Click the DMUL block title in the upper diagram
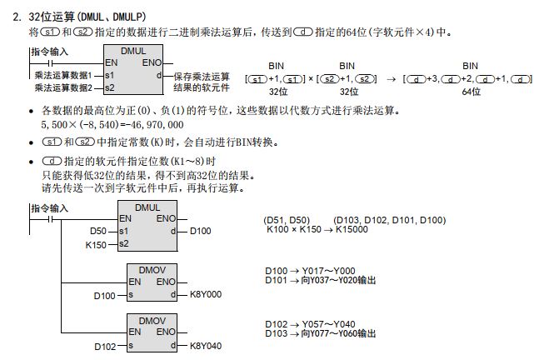[133, 52]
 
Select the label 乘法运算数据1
[63, 75]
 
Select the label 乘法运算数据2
[63, 87]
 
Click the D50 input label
[98, 229]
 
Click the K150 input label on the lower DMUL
[97, 244]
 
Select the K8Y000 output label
[206, 294]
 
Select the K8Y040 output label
[206, 345]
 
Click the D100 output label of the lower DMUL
[203, 229]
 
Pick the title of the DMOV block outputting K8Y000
[152, 269]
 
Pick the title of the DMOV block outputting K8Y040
[152, 320]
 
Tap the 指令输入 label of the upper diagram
[50, 52]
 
